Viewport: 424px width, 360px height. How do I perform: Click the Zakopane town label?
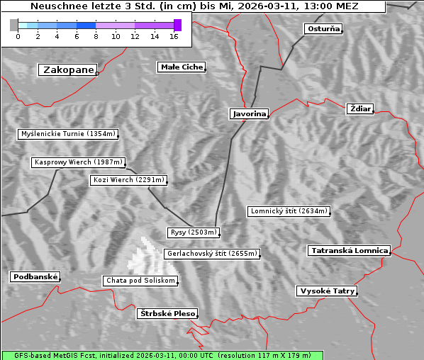point(68,69)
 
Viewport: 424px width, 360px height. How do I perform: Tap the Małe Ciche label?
point(182,67)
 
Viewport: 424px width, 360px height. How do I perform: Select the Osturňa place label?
point(323,29)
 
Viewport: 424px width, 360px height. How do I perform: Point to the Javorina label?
point(249,113)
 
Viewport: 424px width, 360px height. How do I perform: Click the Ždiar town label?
point(360,108)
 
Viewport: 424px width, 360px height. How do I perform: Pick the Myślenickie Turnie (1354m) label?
point(67,133)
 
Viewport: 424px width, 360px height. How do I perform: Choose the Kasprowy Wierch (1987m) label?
point(79,162)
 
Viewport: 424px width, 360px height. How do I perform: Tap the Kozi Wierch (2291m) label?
point(129,180)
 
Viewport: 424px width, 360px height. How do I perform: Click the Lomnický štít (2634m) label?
point(289,211)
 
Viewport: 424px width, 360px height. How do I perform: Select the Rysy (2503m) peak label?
point(194,232)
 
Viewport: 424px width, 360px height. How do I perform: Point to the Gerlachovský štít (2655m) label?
point(211,253)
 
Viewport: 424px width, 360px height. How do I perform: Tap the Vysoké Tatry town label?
point(327,291)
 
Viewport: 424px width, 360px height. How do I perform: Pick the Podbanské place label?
point(35,277)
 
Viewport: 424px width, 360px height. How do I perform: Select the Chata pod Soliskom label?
point(140,281)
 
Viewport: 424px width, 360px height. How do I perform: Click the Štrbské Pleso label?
point(167,313)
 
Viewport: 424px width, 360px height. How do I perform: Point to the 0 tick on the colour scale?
point(18,36)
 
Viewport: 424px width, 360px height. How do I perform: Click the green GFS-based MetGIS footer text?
point(162,355)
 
